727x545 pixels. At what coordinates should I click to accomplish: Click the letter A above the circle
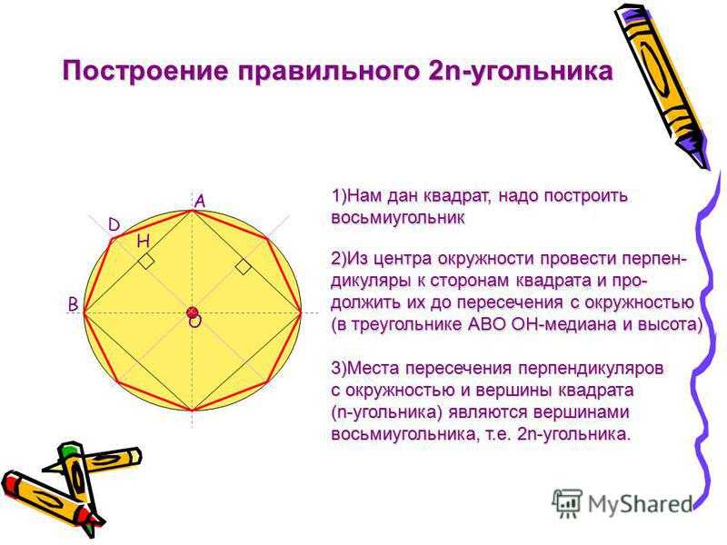click(x=200, y=202)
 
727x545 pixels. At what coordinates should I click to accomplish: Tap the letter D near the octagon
click(x=115, y=225)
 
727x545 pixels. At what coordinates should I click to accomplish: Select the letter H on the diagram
click(x=144, y=241)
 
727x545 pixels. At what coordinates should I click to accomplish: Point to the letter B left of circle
click(x=74, y=305)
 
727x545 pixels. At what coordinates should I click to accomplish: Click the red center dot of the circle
click(x=193, y=312)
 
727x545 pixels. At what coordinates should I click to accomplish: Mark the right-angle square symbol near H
click(x=146, y=262)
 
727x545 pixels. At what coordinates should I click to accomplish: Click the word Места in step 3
click(x=373, y=369)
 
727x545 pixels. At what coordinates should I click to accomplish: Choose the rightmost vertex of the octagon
click(x=302, y=312)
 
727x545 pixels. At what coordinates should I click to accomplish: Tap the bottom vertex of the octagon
click(x=193, y=411)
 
